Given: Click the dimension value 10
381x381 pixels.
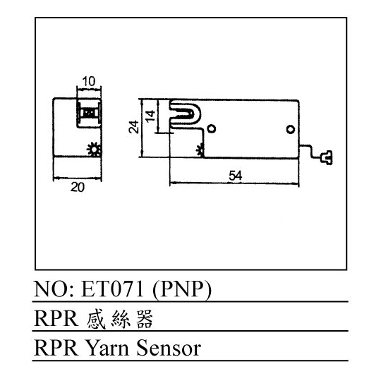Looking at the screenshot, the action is [89, 81].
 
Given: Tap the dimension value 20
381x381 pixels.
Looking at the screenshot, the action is [78, 188].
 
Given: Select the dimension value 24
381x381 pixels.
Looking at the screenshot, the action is [133, 127].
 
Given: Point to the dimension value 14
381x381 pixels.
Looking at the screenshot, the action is [151, 116].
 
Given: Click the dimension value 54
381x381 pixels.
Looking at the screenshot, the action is [236, 176].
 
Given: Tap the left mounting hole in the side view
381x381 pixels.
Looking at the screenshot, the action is [212, 128].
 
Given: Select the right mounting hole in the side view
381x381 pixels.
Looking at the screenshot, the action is [291, 129].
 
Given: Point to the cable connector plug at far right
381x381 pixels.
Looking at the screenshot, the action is [327, 158].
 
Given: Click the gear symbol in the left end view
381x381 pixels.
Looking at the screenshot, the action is [94, 149].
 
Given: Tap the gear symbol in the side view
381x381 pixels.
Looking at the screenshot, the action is [200, 150].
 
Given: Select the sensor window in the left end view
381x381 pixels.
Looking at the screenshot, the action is [89, 113].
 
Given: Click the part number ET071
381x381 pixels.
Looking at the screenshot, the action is [112, 289].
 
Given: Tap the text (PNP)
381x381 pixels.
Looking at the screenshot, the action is [182, 290].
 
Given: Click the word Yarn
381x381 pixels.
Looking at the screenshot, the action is [108, 349].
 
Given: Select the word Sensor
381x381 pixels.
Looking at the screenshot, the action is [169, 348].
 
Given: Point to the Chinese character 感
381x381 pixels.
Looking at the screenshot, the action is [96, 319].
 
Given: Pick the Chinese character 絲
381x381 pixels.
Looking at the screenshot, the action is [121, 319].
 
